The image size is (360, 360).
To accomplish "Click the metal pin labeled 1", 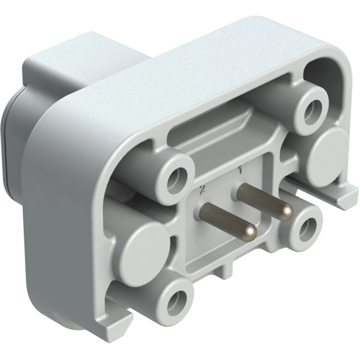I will coord(262,197).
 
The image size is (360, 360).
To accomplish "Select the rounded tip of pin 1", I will coord(287,210).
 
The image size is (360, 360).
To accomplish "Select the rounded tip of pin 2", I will coord(248,231).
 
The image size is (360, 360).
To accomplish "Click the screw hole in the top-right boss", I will coord(312,109).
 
